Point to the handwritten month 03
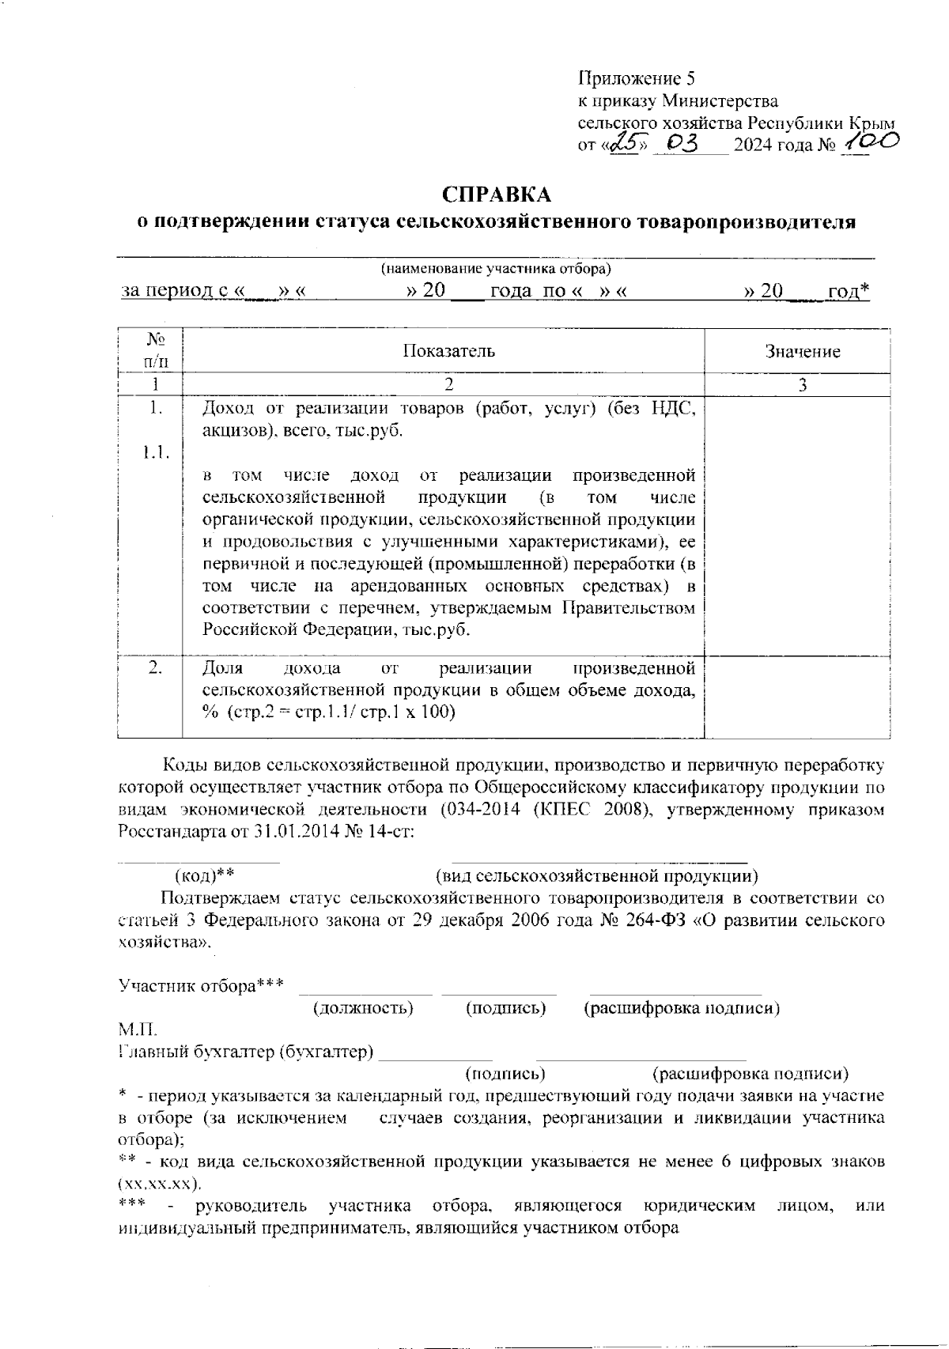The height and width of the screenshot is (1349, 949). (x=681, y=144)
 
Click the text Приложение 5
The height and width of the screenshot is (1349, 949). (x=637, y=78)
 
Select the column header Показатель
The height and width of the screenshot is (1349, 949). (x=448, y=350)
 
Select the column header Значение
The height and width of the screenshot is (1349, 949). (x=802, y=351)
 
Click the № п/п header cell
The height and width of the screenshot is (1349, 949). (x=156, y=350)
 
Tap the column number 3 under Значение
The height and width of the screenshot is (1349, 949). (x=802, y=385)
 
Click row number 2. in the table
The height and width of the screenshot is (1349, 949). (x=156, y=667)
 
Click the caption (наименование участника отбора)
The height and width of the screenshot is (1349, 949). (x=496, y=269)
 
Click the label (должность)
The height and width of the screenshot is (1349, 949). (x=363, y=1008)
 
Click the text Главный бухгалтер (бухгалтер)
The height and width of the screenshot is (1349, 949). (x=246, y=1052)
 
